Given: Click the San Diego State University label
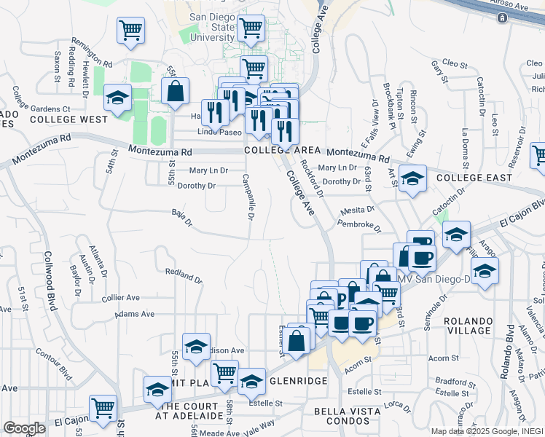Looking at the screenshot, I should click(x=211, y=27).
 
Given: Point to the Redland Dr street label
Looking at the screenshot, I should click(x=183, y=276).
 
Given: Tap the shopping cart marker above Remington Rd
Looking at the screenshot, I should click(x=131, y=31).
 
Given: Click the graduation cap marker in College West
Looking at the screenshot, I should click(x=117, y=98).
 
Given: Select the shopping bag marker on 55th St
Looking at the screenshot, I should click(x=176, y=92).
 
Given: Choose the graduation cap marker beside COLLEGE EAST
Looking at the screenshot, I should click(x=412, y=178).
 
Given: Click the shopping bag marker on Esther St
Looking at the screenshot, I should click(x=297, y=340).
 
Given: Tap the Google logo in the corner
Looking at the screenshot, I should click(x=24, y=428).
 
